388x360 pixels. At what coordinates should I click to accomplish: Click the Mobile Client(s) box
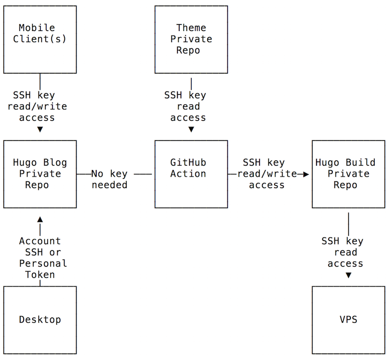coord(40,39)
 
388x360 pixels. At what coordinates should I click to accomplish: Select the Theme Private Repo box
coord(191,39)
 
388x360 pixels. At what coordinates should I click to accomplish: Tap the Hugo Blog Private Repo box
coord(40,174)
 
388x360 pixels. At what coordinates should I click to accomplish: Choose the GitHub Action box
coord(191,174)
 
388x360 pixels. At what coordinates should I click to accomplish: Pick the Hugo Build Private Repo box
coord(348,174)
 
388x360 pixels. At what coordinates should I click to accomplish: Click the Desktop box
coord(40,320)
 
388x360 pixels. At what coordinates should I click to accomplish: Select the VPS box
coord(348,320)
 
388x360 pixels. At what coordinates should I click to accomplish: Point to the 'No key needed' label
coord(109,179)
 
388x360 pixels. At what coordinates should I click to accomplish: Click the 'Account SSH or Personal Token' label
coord(43,258)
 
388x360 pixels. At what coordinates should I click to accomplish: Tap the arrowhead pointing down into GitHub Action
coord(191,129)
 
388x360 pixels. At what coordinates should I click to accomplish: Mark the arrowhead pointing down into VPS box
coord(348,275)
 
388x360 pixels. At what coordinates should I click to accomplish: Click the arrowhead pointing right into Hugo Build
coord(307,174)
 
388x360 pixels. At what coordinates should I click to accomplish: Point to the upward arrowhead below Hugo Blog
coord(40,219)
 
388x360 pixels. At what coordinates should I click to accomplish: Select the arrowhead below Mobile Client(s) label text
coord(40,129)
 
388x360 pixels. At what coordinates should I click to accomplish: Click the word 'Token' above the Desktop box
coord(40,275)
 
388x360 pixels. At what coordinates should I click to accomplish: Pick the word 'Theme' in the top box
coord(191,28)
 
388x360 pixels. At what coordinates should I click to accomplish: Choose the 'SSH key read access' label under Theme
coord(186,106)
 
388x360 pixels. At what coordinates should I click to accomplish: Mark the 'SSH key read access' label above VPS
coord(343,252)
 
